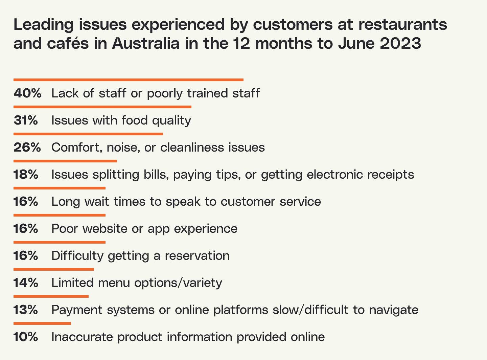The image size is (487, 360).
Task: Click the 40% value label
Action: coord(27,93)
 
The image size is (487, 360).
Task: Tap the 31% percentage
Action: coord(26,120)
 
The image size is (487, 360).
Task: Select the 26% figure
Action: coord(27,148)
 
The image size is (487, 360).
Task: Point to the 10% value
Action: coord(26,337)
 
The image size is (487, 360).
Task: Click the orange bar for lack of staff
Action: coord(129,80)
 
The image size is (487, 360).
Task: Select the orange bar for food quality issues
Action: coord(102,107)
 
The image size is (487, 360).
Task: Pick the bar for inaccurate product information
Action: coord(42,323)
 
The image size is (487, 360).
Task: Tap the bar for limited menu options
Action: coord(54,269)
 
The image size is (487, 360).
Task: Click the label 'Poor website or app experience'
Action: coord(144,229)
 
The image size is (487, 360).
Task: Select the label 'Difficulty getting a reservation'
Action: coord(140,256)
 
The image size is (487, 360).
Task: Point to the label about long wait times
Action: coord(186,202)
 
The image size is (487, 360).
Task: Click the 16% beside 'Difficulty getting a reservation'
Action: coord(26,256)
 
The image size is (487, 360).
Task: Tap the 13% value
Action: coord(26,310)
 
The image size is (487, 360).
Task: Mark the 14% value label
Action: coord(26,283)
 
